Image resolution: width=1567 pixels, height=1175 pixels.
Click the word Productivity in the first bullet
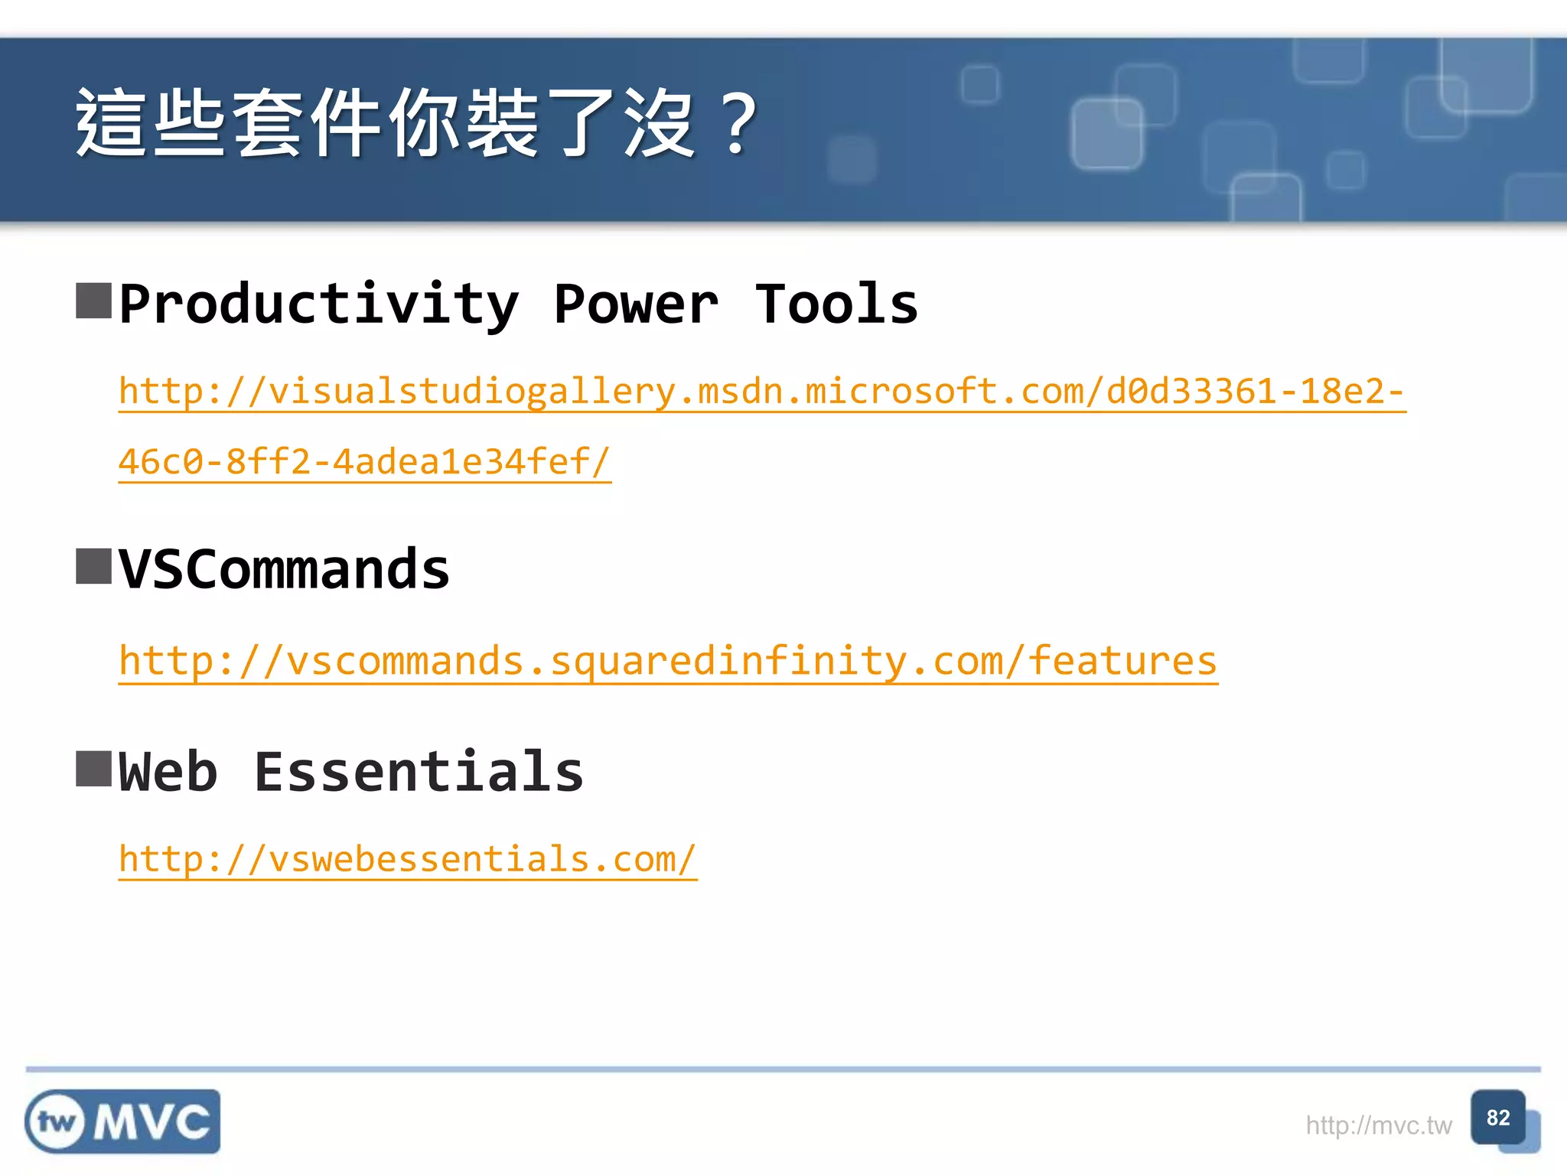pyautogui.click(x=318, y=305)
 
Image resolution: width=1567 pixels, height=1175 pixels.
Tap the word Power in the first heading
pyautogui.click(x=636, y=305)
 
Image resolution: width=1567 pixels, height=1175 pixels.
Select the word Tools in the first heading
pyautogui.click(x=836, y=304)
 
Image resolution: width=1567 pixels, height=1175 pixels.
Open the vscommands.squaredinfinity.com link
pyautogui.click(x=667, y=661)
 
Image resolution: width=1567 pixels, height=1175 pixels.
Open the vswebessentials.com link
pyautogui.click(x=407, y=859)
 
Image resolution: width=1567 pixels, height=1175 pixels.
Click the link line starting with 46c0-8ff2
pyautogui.click(x=364, y=462)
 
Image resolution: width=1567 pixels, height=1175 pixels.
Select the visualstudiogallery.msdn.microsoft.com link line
pyautogui.click(x=761, y=392)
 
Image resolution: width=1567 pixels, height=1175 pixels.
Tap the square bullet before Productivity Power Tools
pyautogui.click(x=94, y=301)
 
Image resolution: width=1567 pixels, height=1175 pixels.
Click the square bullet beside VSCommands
pyautogui.click(x=94, y=566)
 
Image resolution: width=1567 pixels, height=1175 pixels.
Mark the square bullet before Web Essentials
pyautogui.click(x=94, y=769)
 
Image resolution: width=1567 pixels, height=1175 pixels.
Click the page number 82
pyautogui.click(x=1497, y=1118)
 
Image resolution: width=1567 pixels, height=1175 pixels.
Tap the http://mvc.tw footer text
pyautogui.click(x=1378, y=1125)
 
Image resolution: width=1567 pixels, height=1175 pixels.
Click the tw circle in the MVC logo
pyautogui.click(x=57, y=1122)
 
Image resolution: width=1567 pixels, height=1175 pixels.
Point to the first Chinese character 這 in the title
pyautogui.click(x=111, y=122)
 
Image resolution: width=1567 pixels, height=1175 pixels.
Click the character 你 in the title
pyautogui.click(x=423, y=122)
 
